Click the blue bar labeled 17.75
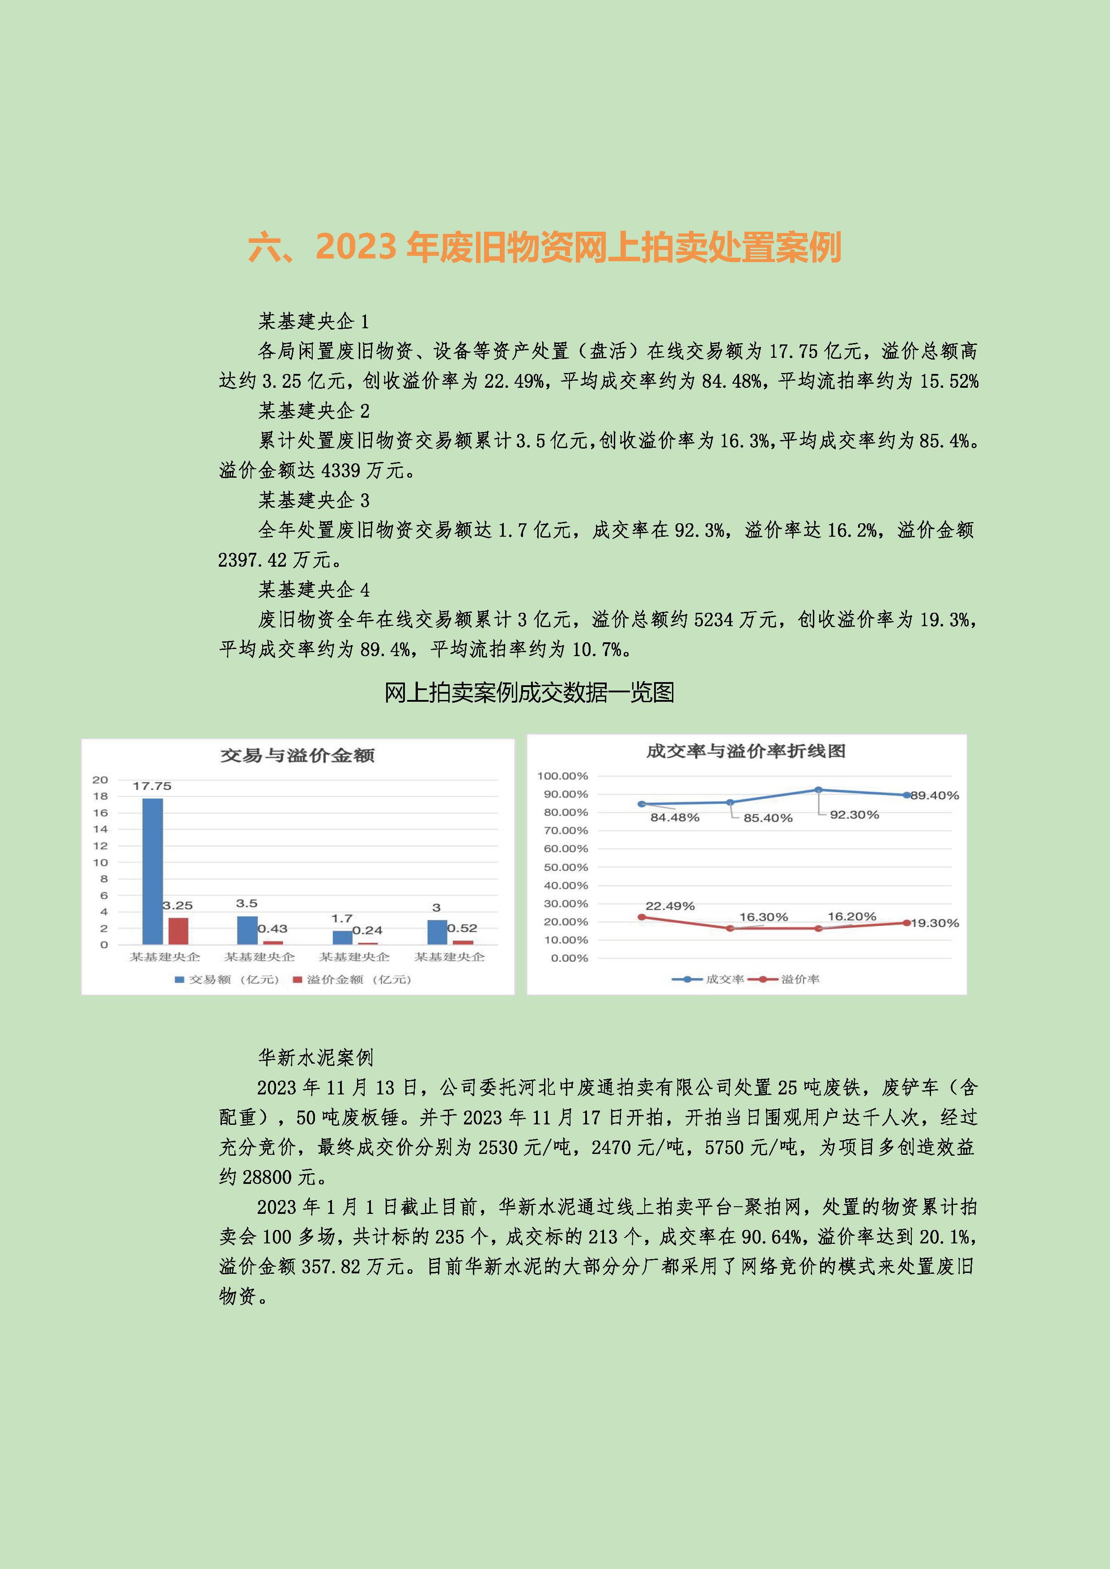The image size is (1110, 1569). tap(153, 871)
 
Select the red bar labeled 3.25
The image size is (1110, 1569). tap(179, 931)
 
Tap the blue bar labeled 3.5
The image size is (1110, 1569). tap(247, 930)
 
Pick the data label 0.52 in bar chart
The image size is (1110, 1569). tap(462, 928)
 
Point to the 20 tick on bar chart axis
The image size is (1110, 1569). tap(101, 780)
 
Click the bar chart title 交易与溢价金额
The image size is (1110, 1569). tap(298, 755)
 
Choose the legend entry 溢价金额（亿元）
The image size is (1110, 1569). tap(352, 979)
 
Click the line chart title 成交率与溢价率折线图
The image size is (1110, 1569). tap(746, 751)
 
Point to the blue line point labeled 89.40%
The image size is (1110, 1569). tap(906, 795)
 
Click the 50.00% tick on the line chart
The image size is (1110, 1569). tap(565, 867)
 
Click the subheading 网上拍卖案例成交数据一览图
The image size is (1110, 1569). tap(529, 692)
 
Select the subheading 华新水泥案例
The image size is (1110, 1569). tap(316, 1058)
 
